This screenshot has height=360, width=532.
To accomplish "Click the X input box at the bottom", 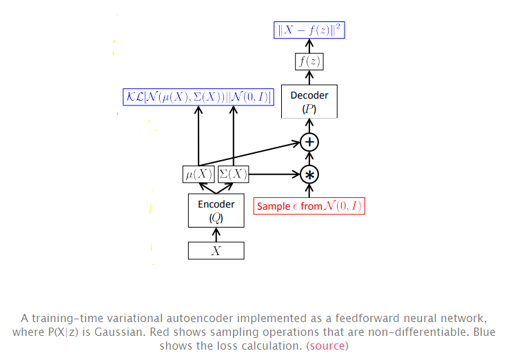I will coord(216,250).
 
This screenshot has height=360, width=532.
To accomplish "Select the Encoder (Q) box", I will coord(216,210).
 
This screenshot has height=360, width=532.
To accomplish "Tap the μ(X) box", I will coord(198,174).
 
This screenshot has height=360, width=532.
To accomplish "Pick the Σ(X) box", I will coord(233,174).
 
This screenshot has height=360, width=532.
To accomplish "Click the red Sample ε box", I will coord(309,206).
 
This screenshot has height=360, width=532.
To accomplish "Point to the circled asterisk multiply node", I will coord(309,174).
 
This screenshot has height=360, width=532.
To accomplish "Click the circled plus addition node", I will coord(309,142).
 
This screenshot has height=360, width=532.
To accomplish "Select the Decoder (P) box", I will coord(309,101).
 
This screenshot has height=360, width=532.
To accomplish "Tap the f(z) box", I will coord(309,61).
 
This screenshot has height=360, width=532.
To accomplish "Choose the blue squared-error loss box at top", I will coord(309,30).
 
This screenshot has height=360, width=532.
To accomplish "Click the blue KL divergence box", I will coord(198,97).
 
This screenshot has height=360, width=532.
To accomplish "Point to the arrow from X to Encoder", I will coord(216,234).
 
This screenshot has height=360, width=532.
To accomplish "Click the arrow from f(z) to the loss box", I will coord(309,46).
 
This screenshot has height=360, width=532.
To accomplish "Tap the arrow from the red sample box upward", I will coord(309,191).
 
